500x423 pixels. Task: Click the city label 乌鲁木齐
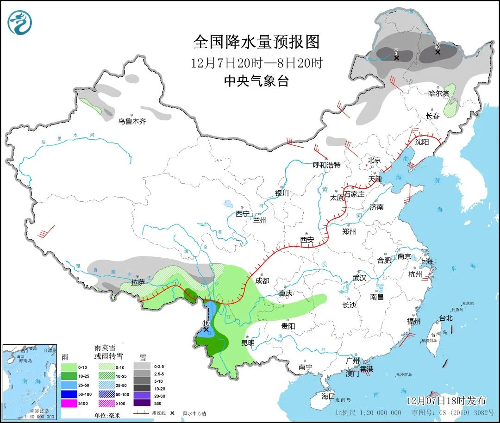(132, 121)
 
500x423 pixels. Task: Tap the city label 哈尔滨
(438, 93)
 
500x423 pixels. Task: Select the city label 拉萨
(138, 283)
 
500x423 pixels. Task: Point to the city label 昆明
(248, 343)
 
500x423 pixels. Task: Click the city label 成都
(262, 280)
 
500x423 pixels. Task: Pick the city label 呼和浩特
(326, 165)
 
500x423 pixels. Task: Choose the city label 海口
(328, 396)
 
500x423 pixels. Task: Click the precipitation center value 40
(206, 323)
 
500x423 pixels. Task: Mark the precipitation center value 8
(437, 46)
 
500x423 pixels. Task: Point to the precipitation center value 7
(396, 51)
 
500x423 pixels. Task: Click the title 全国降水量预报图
(256, 42)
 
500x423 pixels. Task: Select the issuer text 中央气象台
(256, 81)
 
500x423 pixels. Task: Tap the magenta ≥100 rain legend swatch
(69, 403)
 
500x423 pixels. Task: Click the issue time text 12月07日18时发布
(446, 400)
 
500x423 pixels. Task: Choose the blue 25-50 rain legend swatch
(69, 385)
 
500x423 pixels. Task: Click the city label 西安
(306, 240)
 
